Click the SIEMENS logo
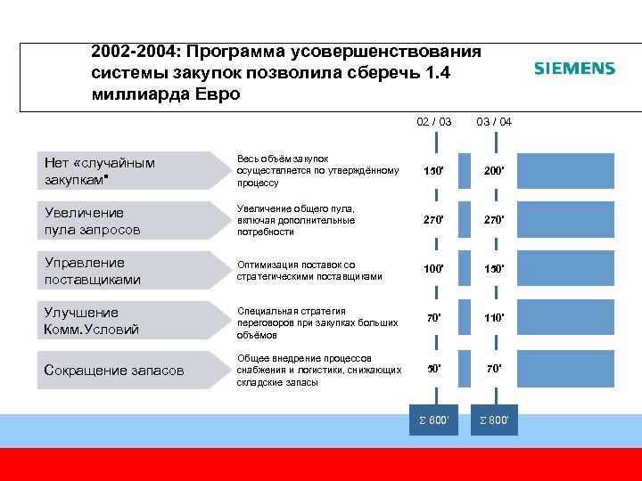point(574,69)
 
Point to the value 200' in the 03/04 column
point(494,170)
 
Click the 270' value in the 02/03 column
point(434,220)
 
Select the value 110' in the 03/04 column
point(494,317)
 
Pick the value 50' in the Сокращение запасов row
point(434,367)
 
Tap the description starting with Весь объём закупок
point(317,170)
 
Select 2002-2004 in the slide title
point(133,53)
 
